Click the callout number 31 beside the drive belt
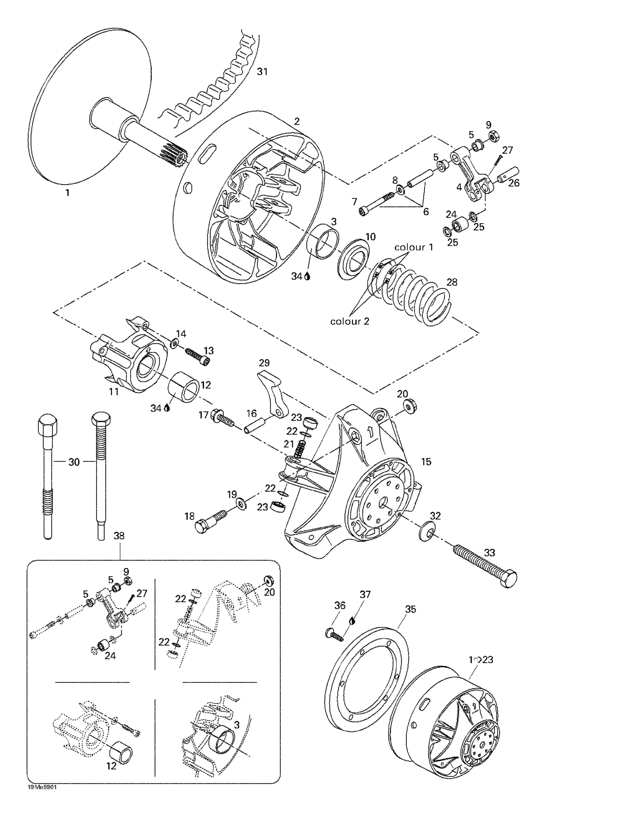pyautogui.click(x=262, y=72)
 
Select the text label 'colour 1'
pyautogui.click(x=414, y=247)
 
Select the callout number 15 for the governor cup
pyautogui.click(x=426, y=462)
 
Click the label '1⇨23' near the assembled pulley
pyautogui.click(x=480, y=660)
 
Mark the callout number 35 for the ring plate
pyautogui.click(x=410, y=609)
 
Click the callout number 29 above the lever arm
pyautogui.click(x=264, y=363)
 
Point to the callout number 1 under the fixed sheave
pyautogui.click(x=68, y=193)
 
